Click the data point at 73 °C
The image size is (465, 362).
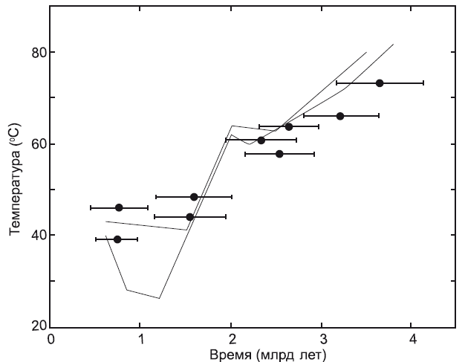pos(380,83)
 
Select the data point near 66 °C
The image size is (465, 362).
pos(340,116)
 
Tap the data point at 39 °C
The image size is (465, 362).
pos(117,239)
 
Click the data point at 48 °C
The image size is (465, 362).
pos(194,197)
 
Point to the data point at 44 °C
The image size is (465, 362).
pos(189,217)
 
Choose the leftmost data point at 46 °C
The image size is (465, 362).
pos(119,207)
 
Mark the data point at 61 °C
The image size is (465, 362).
pos(261,140)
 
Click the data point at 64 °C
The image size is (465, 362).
pos(289,126)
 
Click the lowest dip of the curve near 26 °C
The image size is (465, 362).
pos(159,298)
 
